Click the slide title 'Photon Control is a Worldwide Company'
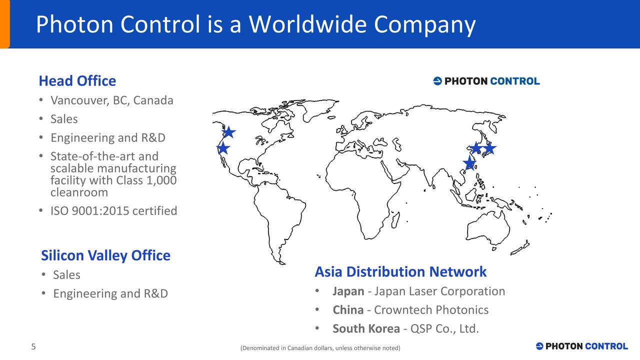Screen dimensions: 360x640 (255, 24)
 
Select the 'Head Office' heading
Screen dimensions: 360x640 (77, 81)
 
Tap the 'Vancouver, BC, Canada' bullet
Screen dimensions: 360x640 (111, 100)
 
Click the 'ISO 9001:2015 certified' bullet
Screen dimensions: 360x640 (113, 211)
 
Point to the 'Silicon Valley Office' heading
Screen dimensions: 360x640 (105, 255)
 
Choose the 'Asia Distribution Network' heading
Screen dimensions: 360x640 (400, 272)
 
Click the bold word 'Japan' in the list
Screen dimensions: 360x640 (348, 291)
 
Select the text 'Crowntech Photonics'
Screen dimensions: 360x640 (431, 310)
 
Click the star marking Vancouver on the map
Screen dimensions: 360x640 (228, 132)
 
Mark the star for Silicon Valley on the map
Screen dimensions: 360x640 (223, 148)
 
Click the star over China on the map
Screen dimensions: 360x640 (469, 162)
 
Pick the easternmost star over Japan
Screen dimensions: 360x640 (489, 148)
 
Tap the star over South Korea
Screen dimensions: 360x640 (476, 148)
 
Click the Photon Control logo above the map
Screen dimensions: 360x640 (486, 81)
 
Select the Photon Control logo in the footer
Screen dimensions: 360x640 (581, 346)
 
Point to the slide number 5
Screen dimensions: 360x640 (33, 347)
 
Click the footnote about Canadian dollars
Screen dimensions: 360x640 (320, 348)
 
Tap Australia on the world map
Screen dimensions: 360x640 (487, 230)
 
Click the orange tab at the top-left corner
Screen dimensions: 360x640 (4, 24)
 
